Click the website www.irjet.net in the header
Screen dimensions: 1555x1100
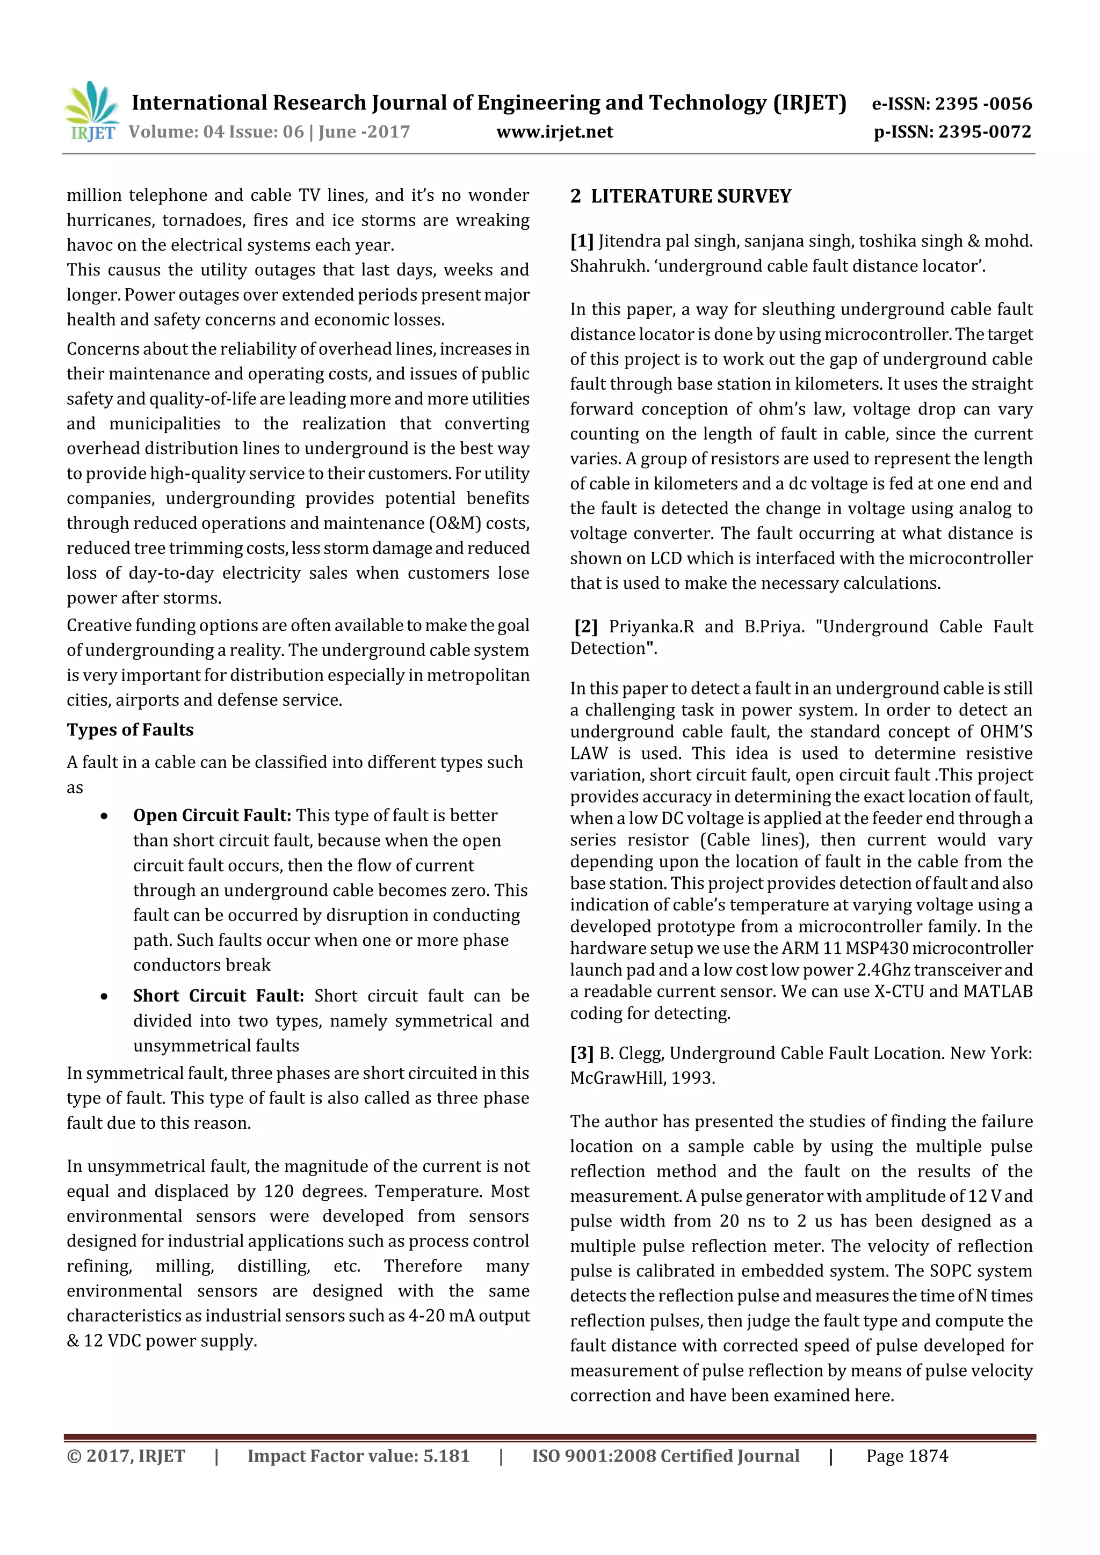(554, 132)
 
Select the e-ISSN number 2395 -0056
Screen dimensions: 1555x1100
(983, 104)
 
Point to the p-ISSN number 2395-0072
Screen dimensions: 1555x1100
(985, 132)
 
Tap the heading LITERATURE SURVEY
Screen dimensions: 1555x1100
(691, 196)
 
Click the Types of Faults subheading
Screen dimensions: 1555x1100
(130, 730)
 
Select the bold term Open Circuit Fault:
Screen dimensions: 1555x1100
(212, 815)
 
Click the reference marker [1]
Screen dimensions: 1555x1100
(582, 241)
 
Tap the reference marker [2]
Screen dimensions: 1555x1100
(585, 626)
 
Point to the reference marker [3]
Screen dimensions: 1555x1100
(582, 1053)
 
